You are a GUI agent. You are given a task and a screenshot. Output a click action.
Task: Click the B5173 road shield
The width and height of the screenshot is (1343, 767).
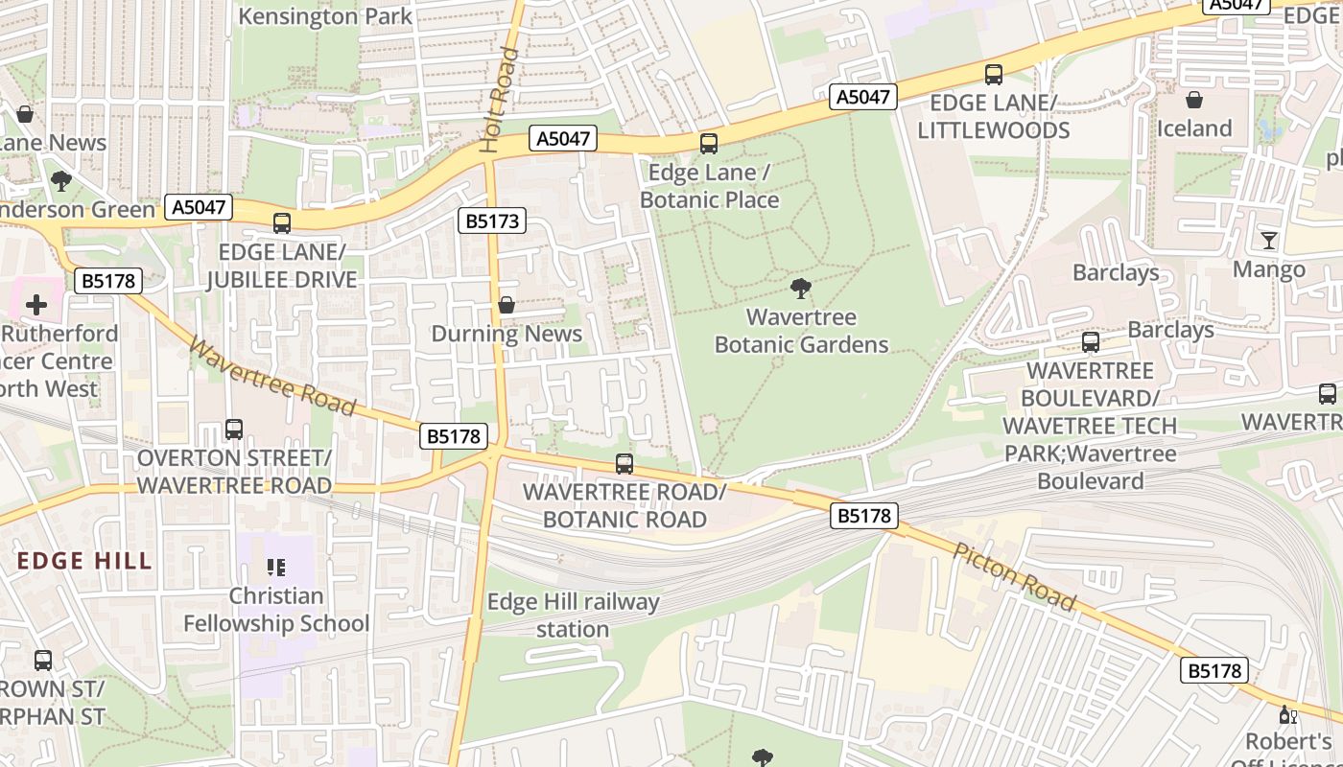(492, 221)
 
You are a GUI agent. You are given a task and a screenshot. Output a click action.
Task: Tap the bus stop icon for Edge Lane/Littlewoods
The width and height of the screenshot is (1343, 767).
(994, 74)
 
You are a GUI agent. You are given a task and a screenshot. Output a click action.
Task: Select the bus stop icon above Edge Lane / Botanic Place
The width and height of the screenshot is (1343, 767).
(709, 144)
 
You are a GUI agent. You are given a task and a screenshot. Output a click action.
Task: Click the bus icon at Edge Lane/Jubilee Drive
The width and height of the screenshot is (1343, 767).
(282, 223)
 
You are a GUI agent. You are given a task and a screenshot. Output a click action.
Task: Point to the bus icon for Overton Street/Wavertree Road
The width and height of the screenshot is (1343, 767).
(234, 430)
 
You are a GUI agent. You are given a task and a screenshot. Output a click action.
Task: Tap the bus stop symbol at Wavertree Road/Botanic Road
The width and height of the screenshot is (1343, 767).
(624, 464)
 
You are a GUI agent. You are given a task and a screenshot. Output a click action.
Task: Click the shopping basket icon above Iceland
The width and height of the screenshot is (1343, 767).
(1194, 100)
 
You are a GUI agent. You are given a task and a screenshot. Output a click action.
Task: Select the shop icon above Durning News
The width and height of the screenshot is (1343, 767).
(507, 305)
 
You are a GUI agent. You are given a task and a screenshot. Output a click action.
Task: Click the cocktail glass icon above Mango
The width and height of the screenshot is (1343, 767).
(1269, 241)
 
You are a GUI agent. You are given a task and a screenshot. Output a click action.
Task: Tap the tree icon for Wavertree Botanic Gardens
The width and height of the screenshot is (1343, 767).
(801, 288)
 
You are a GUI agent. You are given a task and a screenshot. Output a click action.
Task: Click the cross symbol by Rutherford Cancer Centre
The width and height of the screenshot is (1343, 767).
(36, 305)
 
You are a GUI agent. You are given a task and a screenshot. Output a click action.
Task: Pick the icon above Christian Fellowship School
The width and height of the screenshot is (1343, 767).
(276, 568)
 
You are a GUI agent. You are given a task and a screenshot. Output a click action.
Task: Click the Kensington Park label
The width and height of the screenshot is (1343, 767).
(325, 16)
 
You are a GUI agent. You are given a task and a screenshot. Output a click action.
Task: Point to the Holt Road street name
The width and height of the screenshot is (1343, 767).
(499, 101)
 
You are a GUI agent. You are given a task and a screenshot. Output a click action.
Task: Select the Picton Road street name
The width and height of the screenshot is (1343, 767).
(1014, 575)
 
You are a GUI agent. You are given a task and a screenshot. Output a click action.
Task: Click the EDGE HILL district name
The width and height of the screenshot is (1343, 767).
(84, 561)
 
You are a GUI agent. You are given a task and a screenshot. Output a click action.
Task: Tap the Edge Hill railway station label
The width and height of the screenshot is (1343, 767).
(573, 616)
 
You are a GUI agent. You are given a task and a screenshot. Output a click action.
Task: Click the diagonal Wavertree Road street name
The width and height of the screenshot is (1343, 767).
(272, 376)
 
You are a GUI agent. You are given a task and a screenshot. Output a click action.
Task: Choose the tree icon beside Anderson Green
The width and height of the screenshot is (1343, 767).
(61, 180)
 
